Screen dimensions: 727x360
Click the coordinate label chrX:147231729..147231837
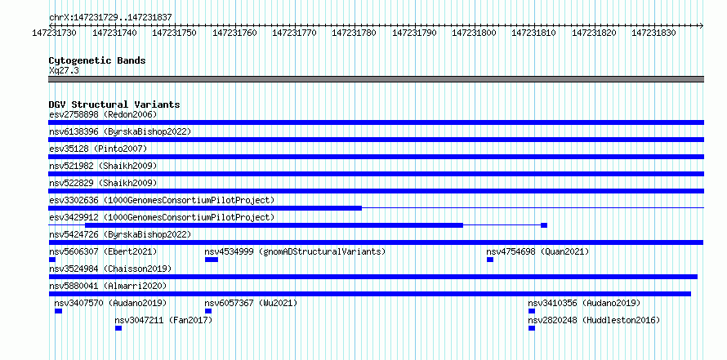point(110,18)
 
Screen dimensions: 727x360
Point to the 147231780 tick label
point(355,33)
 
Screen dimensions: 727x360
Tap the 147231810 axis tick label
point(533,33)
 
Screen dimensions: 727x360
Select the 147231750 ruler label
point(174,33)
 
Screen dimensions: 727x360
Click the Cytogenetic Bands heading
point(97,60)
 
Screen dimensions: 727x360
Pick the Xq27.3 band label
point(64,70)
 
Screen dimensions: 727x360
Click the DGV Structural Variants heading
point(114,104)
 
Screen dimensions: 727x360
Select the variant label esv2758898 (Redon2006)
point(103,114)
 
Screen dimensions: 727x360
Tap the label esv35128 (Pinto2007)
point(98,149)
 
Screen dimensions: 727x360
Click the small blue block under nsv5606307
point(52,260)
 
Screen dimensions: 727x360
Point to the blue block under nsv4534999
point(212,260)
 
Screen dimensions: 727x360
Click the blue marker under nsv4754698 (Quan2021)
point(490,260)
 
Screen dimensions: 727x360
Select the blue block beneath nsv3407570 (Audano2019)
point(59,311)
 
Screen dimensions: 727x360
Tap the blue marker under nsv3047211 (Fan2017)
point(118,328)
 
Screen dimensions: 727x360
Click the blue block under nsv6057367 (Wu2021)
point(208,311)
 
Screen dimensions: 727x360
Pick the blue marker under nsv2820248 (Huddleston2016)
point(531,328)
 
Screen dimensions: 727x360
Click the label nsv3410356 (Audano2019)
point(584,304)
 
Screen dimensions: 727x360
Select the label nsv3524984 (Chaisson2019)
point(110,269)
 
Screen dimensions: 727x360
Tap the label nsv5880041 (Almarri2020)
point(108,287)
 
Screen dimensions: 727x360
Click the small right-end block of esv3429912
point(544,225)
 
